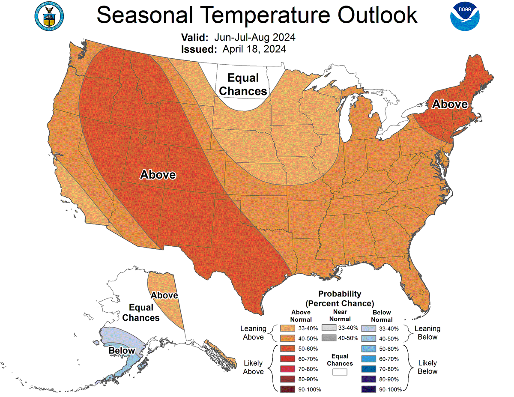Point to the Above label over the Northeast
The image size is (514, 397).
click(x=449, y=104)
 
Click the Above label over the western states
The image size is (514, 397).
click(x=158, y=175)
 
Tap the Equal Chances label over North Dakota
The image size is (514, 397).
click(x=243, y=84)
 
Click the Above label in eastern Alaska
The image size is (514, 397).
click(x=164, y=296)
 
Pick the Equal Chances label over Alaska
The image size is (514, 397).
click(x=141, y=313)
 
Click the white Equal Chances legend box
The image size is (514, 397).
click(x=340, y=372)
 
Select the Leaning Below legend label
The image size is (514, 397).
click(x=427, y=333)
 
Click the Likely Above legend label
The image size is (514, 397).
click(x=253, y=367)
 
